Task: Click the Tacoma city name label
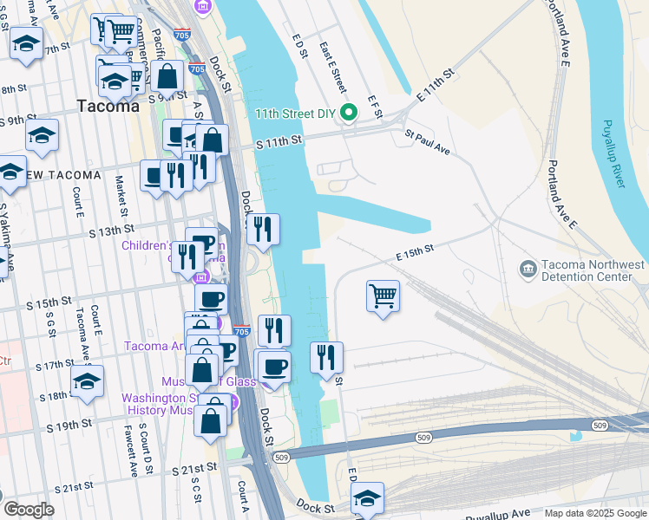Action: pos(108,107)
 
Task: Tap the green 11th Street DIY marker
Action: pos(349,113)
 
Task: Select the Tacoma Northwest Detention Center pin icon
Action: pos(528,270)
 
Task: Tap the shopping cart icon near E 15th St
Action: pos(383,296)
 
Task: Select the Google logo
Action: pos(28,510)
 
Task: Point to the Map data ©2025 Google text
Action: pos(594,513)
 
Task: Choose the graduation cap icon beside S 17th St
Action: pos(87,381)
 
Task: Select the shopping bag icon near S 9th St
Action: pos(167,78)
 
